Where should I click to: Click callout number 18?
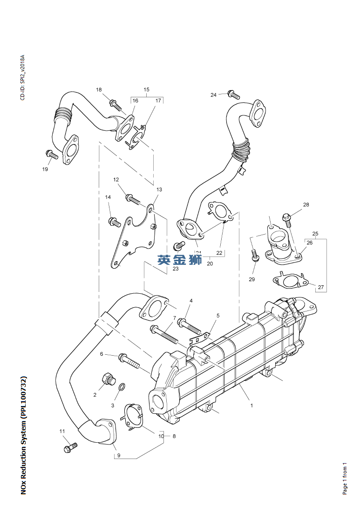click(x=99, y=89)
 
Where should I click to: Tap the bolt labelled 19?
click(x=52, y=154)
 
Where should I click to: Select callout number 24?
click(x=213, y=95)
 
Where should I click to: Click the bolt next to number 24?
click(x=233, y=95)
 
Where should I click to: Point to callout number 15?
click(x=146, y=89)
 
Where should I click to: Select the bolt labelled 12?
click(x=132, y=199)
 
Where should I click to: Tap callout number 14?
click(x=108, y=197)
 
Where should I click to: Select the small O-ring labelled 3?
click(x=122, y=386)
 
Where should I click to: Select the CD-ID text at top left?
click(x=21, y=78)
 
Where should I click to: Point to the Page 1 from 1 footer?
click(x=345, y=478)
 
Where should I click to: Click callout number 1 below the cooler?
click(x=251, y=405)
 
